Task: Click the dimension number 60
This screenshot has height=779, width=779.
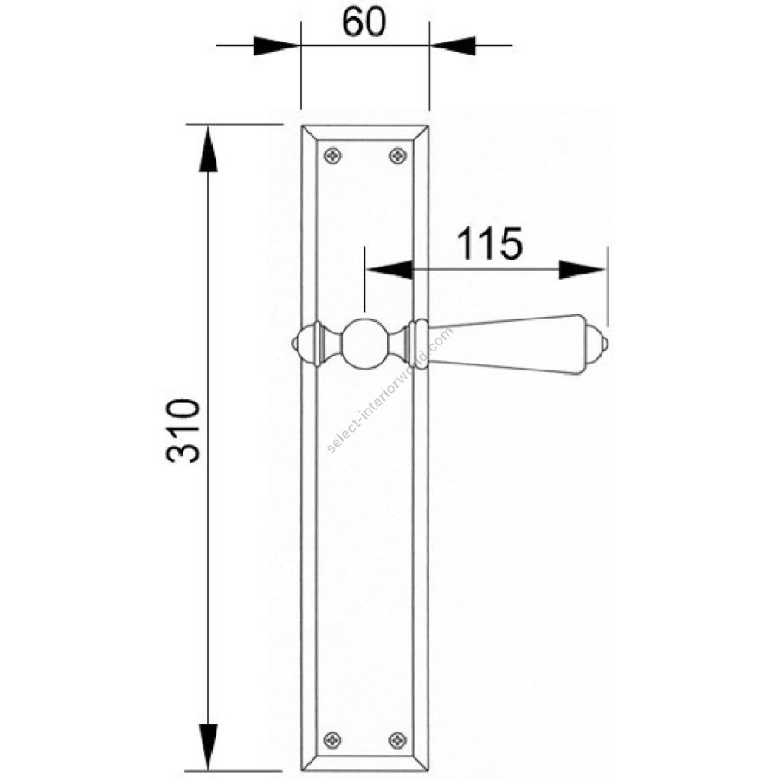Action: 364,23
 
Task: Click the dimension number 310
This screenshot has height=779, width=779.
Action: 183,431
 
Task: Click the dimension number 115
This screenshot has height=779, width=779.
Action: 489,243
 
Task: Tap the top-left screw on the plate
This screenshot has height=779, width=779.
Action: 332,156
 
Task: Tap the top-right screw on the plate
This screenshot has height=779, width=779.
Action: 397,156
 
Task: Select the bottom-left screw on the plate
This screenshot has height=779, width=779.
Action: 332,740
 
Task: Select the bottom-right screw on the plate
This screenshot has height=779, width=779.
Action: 397,740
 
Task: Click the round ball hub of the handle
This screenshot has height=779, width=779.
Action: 365,342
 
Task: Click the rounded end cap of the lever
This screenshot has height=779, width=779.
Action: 596,344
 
